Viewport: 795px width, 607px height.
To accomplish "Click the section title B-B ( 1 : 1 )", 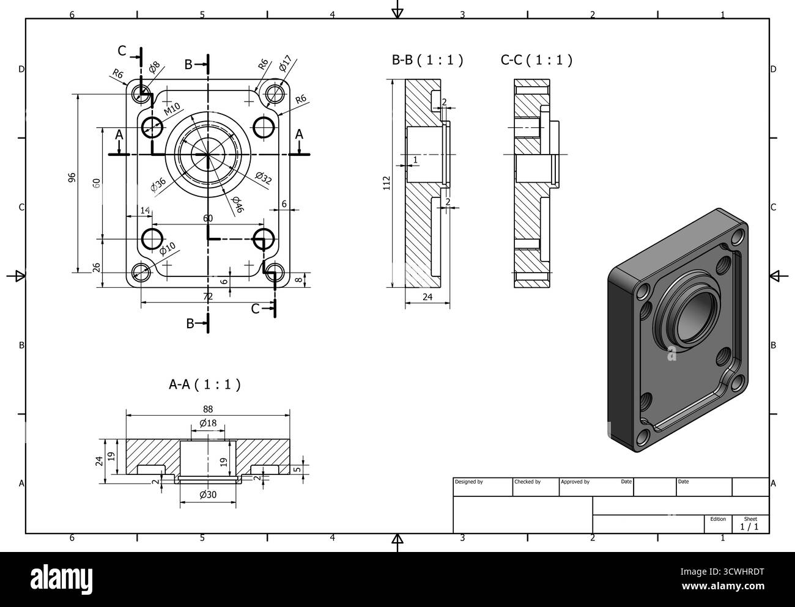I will [x=427, y=60].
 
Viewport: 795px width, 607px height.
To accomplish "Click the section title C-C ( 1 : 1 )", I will [x=536, y=60].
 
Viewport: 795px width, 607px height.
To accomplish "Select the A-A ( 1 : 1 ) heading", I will [x=204, y=384].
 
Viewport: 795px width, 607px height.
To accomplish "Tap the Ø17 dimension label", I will [x=285, y=64].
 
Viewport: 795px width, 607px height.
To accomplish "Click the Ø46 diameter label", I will [x=237, y=205].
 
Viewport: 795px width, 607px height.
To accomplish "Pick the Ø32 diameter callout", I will [x=263, y=178].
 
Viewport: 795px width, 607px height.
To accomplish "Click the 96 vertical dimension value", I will [x=71, y=177].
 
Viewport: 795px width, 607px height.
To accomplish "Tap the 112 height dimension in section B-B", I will [x=386, y=183].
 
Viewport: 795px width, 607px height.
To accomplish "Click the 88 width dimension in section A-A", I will [x=208, y=409].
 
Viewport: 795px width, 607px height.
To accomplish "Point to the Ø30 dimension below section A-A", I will [x=208, y=495].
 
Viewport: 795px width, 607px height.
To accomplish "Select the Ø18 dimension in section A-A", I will [x=208, y=424].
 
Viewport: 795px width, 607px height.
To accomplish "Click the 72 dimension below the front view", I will [x=208, y=296].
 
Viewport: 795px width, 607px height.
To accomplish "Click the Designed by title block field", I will [x=469, y=482].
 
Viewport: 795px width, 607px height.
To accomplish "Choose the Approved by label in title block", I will [x=575, y=482].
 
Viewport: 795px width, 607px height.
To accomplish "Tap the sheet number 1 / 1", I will [x=749, y=526].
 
